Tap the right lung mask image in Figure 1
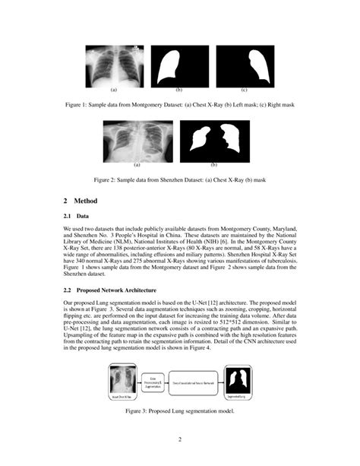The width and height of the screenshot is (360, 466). (244, 67)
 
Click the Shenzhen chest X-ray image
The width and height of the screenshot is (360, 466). (137, 140)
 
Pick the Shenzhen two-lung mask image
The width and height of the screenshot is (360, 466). (214, 140)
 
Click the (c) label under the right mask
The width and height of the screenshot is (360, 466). (244, 90)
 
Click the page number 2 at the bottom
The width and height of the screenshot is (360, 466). (180, 439)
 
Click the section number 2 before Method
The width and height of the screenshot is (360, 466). (65, 201)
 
